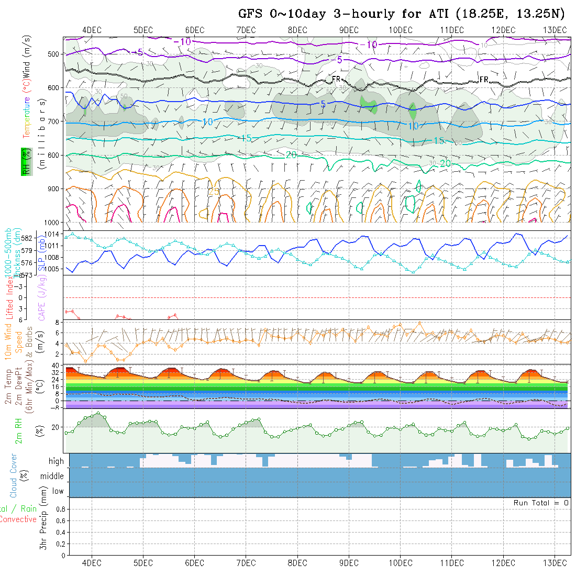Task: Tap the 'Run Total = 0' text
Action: tap(541, 503)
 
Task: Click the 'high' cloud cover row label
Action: tap(56, 461)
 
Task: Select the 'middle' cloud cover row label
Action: tap(52, 476)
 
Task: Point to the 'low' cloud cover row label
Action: tap(58, 491)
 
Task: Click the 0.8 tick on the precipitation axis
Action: tap(60, 509)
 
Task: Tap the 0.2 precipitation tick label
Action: tap(60, 544)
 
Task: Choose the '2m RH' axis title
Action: tap(19, 430)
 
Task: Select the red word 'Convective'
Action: tap(18, 519)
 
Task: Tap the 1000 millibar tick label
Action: tap(53, 222)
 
